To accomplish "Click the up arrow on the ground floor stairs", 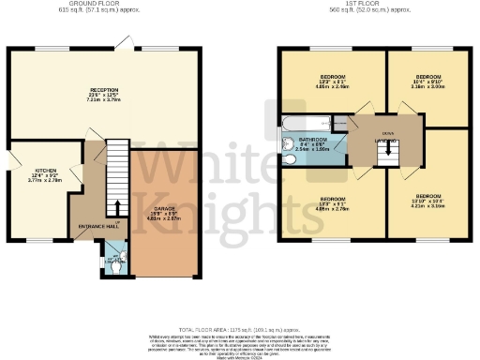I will point(116,209).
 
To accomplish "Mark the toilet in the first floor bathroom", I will point(287,160).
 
